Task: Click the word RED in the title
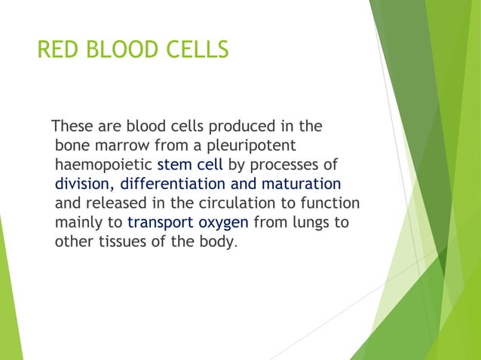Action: pyautogui.click(x=59, y=50)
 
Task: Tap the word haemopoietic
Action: pyautogui.click(x=103, y=164)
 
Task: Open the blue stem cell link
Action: pyautogui.click(x=189, y=164)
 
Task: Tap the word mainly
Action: pyautogui.click(x=75, y=223)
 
